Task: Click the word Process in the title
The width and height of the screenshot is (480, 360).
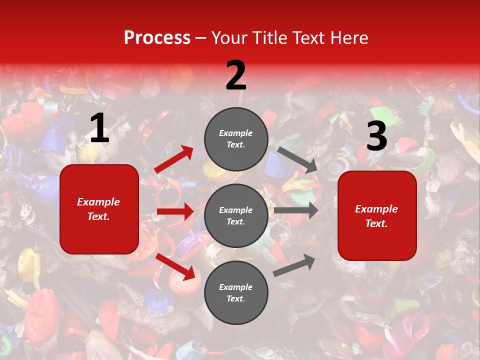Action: pyautogui.click(x=157, y=38)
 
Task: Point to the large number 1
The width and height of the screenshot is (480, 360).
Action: pyautogui.click(x=99, y=129)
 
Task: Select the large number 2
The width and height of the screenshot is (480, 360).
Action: pyautogui.click(x=236, y=75)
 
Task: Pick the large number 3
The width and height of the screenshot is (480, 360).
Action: pyautogui.click(x=376, y=137)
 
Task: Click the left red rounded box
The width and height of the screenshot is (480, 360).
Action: pyautogui.click(x=99, y=209)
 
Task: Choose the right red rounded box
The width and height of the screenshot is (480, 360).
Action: pyautogui.click(x=377, y=215)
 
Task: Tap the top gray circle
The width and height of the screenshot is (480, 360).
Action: pyautogui.click(x=236, y=139)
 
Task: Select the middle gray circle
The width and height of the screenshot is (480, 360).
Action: pyautogui.click(x=236, y=215)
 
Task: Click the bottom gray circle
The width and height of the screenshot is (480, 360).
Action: pyautogui.click(x=236, y=292)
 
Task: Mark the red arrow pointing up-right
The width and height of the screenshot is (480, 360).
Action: pyautogui.click(x=174, y=159)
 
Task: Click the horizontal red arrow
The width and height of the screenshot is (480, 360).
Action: pyautogui.click(x=175, y=211)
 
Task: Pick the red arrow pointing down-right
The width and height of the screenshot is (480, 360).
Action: pyautogui.click(x=175, y=266)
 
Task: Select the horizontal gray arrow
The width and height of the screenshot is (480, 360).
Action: pyautogui.click(x=296, y=210)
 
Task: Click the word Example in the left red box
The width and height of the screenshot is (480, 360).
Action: pyautogui.click(x=98, y=202)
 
